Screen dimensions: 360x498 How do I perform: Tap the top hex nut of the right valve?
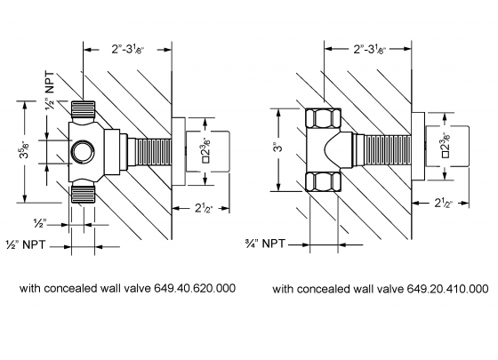pyautogui.click(x=320, y=117)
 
